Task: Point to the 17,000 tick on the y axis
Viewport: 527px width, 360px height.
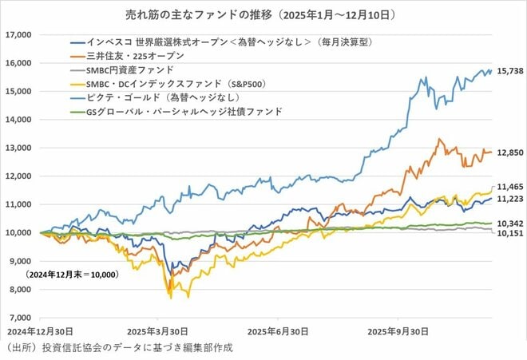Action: click(18, 35)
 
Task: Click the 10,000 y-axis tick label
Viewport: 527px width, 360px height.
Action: click(18, 233)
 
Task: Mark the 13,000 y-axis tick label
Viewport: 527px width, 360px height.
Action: click(18, 148)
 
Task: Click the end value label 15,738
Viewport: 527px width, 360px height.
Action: click(509, 71)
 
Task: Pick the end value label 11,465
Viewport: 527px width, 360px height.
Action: click(509, 185)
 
